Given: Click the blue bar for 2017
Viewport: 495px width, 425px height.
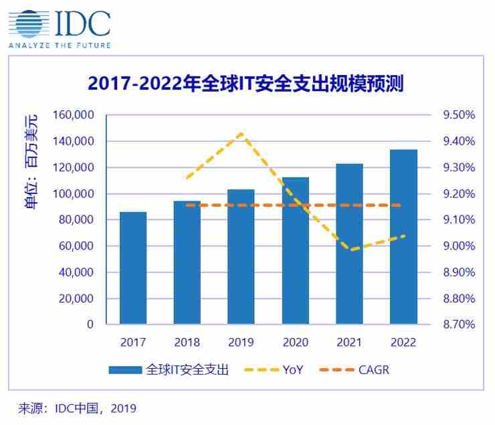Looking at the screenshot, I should click(133, 268).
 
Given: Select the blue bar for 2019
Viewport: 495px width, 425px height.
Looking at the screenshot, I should click(241, 257).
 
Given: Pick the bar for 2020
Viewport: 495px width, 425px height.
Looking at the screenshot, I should click(295, 251).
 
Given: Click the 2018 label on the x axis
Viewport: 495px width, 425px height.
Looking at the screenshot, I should click(187, 343).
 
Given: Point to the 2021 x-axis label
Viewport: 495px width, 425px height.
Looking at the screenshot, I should click(349, 343).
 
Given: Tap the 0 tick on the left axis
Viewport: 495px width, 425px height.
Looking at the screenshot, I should click(90, 325).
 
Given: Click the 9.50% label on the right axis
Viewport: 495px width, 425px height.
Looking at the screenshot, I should click(459, 115).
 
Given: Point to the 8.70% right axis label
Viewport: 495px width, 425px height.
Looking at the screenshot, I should click(459, 325).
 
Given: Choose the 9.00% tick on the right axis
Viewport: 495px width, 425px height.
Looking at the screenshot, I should click(459, 246).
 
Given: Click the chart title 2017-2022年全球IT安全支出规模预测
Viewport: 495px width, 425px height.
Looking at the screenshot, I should click(245, 85).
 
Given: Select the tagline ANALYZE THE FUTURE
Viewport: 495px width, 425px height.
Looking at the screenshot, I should click(59, 46).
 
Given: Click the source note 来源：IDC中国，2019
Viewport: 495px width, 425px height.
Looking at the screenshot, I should click(77, 408).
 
